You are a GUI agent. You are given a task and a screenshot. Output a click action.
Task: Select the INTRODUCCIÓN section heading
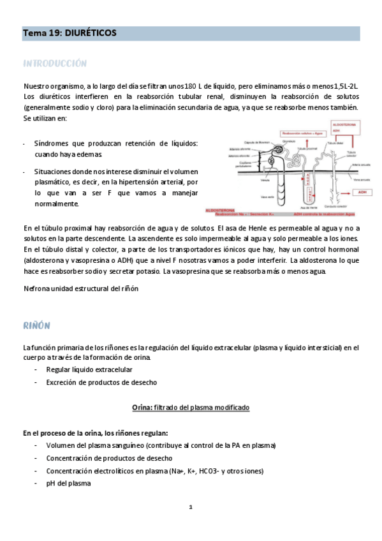pos(55,64)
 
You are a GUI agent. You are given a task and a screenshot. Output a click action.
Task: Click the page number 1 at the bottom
pos(190,507)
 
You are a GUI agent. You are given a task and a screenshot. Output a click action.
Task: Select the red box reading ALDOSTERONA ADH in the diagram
pos(347,128)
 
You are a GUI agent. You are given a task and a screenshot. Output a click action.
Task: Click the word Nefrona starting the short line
pos(36,289)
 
